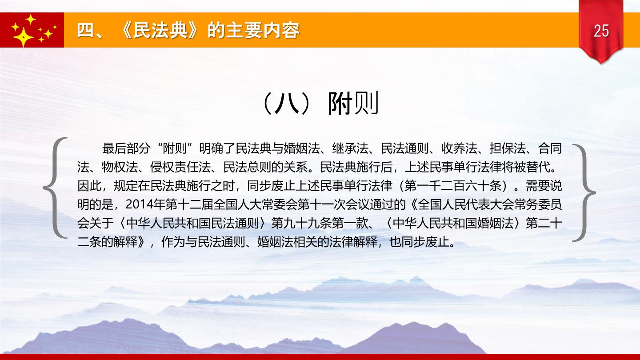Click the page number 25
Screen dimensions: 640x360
(601, 31)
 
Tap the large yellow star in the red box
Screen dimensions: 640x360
(23, 37)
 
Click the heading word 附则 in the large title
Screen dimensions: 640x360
(353, 103)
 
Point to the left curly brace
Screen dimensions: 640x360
(55, 188)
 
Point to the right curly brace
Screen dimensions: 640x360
(584, 193)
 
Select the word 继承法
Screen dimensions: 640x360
(350, 148)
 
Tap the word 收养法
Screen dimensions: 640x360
(459, 148)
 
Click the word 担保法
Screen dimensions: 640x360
(508, 148)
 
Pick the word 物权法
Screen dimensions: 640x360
(120, 167)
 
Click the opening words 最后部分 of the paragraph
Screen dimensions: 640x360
(126, 148)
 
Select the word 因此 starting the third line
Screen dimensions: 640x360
(89, 186)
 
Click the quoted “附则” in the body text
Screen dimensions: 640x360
(176, 148)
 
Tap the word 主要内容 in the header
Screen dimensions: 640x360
(263, 30)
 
